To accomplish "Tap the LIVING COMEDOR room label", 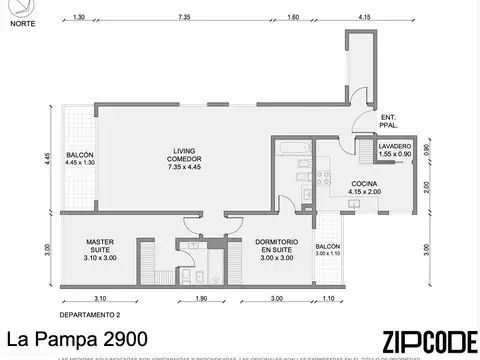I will pos(186,158).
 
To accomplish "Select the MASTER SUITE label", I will pos(100,246).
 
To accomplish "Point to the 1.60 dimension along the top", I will pos(293,17).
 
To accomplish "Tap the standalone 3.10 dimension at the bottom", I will pos(100,298).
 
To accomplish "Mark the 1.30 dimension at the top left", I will pos(78,17).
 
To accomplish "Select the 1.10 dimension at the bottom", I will pos(328,298).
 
